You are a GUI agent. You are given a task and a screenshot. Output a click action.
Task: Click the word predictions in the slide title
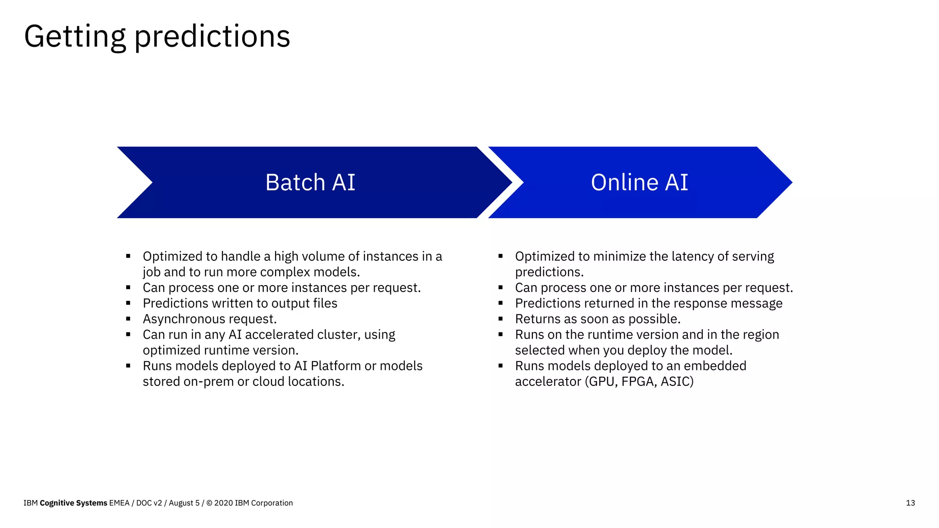click(212, 37)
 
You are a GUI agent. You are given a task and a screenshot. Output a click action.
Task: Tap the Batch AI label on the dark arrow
click(310, 182)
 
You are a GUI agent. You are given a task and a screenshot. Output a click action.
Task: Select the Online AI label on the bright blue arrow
click(639, 182)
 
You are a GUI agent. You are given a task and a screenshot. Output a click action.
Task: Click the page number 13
click(910, 503)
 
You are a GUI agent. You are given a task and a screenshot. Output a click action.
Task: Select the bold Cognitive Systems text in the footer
click(73, 503)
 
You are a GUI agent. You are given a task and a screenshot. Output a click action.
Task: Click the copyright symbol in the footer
click(209, 503)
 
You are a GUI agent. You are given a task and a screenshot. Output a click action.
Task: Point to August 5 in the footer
click(184, 503)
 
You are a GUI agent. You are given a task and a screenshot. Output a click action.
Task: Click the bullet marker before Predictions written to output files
click(128, 303)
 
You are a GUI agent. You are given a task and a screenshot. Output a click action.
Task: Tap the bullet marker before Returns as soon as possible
click(501, 319)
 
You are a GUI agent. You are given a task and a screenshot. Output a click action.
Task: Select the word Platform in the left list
click(336, 366)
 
